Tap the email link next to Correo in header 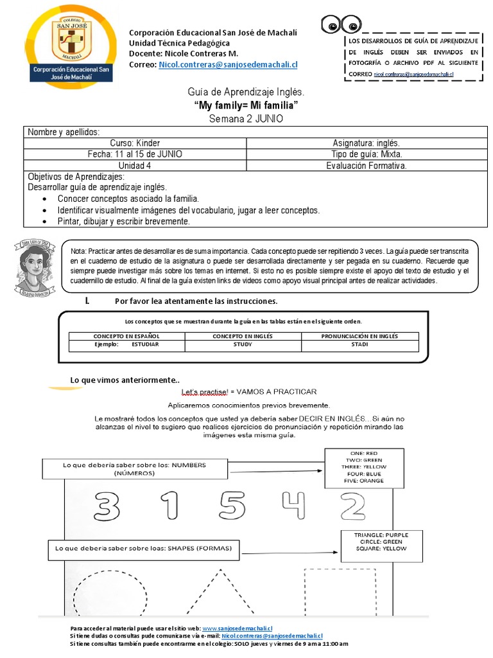(228, 65)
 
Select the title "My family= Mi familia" (246, 106)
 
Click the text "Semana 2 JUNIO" (246, 119)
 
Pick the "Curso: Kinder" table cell (135, 143)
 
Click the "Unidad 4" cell (135, 166)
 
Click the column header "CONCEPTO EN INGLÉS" (243, 336)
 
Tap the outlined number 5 (230, 506)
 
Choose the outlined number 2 (352, 506)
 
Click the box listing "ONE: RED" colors (364, 467)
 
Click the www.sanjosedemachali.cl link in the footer (237, 628)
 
